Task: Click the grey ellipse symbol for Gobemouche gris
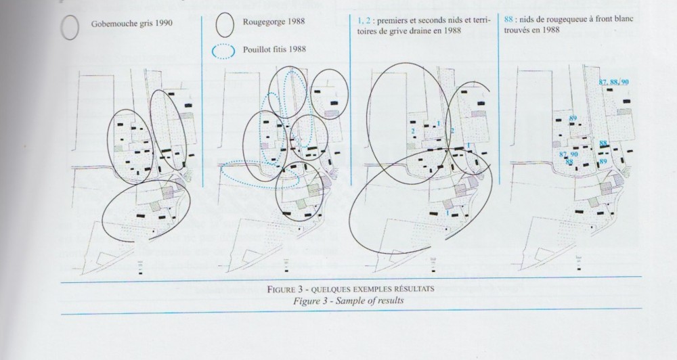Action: tap(62, 27)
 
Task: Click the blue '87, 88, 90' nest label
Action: tap(613, 82)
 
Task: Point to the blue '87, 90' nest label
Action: tap(569, 154)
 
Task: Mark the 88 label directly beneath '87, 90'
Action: tap(569, 162)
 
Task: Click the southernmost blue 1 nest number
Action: tap(447, 212)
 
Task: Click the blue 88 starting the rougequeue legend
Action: tap(508, 20)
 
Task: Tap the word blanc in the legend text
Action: tap(624, 19)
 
